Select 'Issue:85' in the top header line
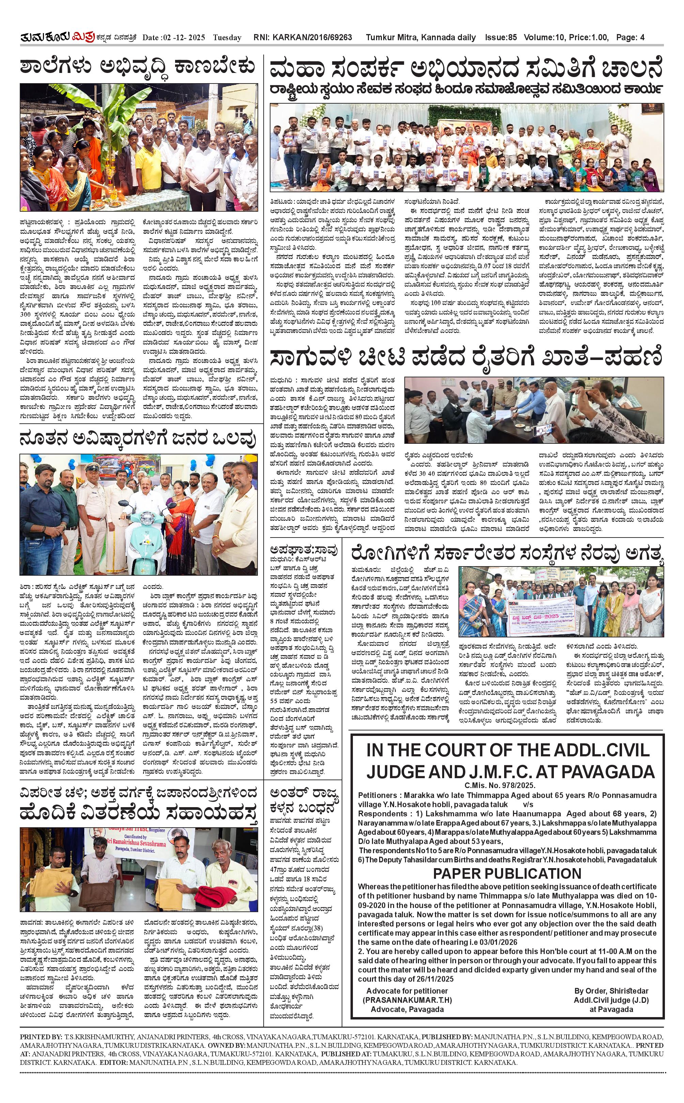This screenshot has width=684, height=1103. tap(500, 37)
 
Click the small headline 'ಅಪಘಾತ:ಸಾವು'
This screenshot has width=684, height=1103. tap(303, 550)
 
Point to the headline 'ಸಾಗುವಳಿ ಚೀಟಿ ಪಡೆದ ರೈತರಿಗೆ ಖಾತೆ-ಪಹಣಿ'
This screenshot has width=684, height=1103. tap(466, 359)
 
